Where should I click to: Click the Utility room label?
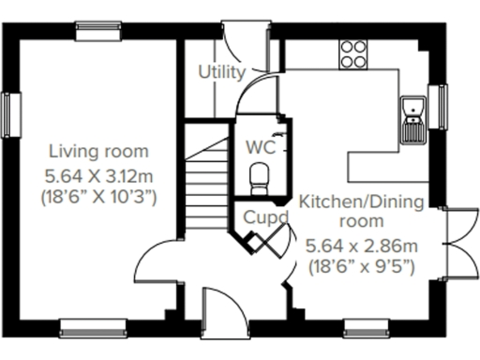[x=222, y=71]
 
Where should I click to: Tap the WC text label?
[x=258, y=146]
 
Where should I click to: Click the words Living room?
[x=98, y=151]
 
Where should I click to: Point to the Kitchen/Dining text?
[x=361, y=202]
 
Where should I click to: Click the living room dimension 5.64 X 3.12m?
[x=98, y=174]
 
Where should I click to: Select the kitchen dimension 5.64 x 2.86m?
[x=361, y=246]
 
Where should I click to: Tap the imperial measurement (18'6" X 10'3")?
[x=98, y=198]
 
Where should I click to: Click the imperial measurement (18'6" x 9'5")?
[x=361, y=267]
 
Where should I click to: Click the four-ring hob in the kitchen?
[x=354, y=53]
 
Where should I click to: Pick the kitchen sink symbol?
[x=412, y=118]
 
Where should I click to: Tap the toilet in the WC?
[x=259, y=174]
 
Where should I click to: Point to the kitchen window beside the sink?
[x=436, y=100]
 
